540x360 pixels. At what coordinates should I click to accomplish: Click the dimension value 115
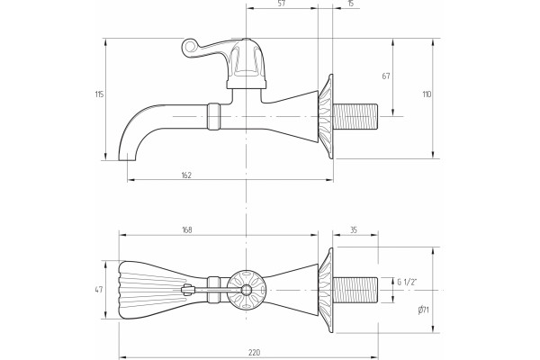click(99, 94)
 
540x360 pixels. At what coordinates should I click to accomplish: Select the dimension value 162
click(186, 175)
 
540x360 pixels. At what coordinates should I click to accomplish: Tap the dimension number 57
click(282, 4)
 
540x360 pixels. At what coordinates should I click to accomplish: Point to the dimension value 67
click(386, 76)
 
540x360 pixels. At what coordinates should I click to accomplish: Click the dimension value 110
click(427, 94)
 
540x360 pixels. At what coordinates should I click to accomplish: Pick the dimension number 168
click(187, 229)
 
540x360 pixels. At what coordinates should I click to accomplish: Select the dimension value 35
click(354, 229)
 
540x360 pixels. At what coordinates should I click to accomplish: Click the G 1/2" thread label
click(407, 283)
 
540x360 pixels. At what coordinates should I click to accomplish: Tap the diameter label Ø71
click(423, 310)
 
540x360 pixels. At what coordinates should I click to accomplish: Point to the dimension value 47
click(99, 290)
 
